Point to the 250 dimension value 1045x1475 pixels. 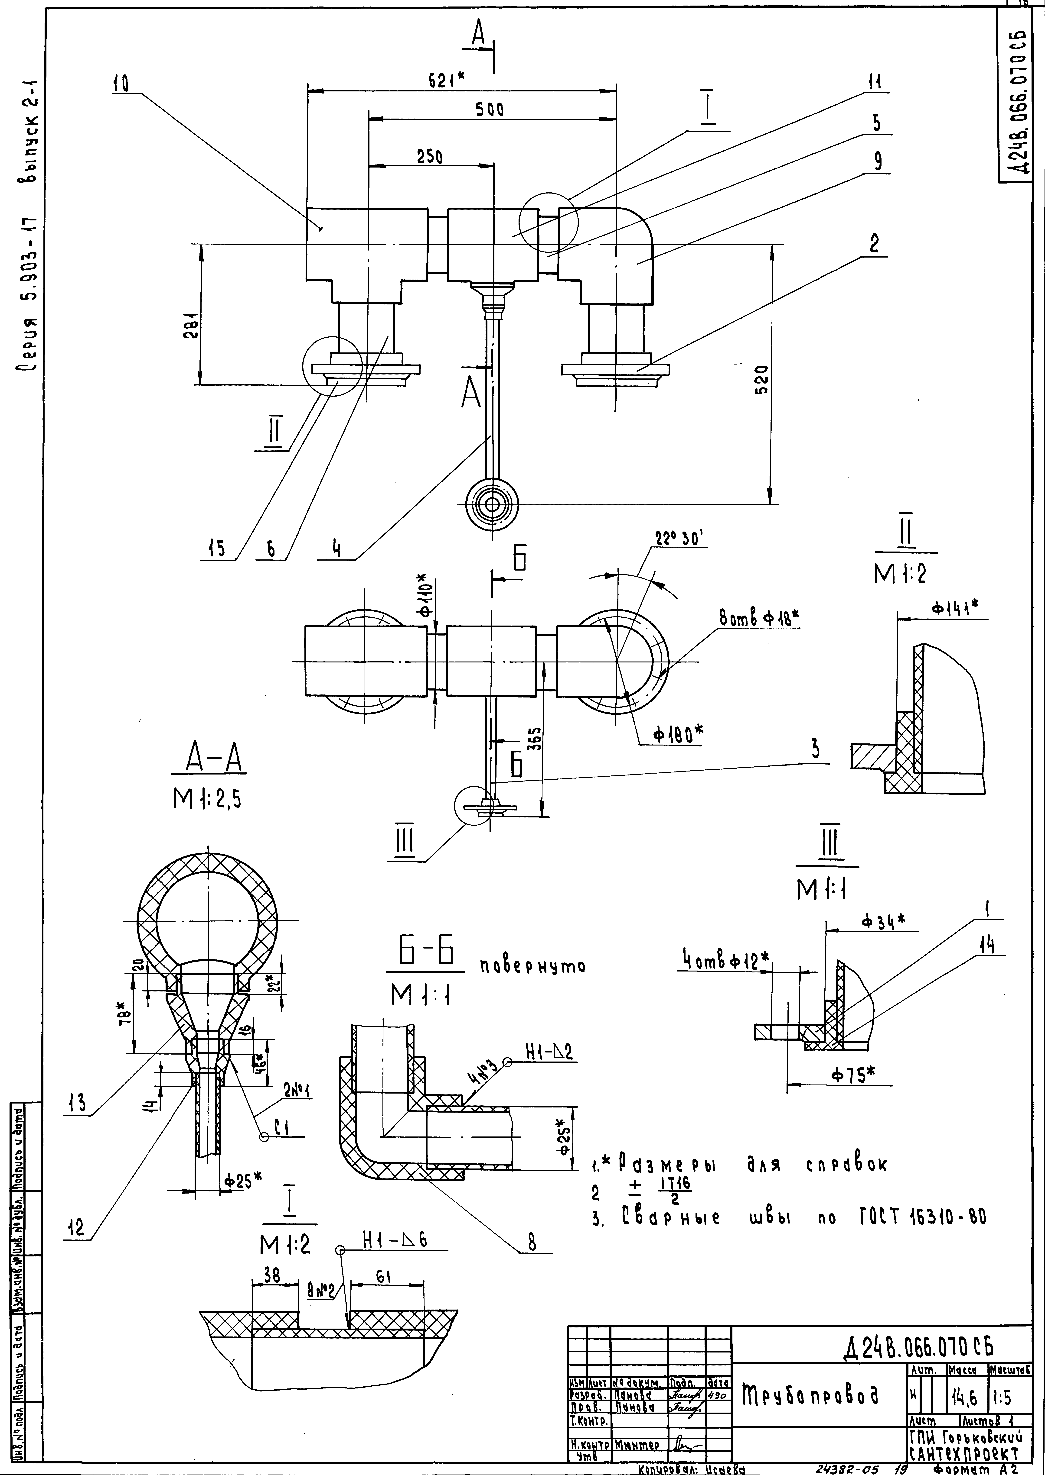click(x=429, y=156)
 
